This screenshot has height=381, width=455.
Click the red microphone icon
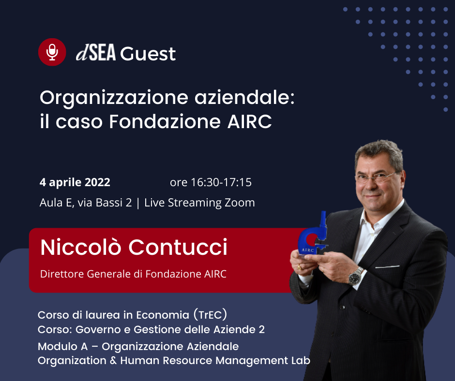point(52,52)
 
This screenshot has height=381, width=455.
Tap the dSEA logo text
point(96,53)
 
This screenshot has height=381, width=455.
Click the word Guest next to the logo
point(148,54)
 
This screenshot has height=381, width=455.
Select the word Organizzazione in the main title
point(114,98)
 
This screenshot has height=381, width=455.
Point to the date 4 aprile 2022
point(75,182)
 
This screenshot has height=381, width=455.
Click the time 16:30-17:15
point(221,182)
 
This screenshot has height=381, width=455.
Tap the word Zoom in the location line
point(240,203)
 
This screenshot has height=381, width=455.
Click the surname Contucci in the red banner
point(178,248)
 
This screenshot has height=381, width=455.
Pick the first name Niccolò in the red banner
point(81,248)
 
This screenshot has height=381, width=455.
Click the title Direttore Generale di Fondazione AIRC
point(133,274)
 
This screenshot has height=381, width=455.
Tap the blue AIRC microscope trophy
point(313,235)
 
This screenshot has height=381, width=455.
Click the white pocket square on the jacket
point(387,266)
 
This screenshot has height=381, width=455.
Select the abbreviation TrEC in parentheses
point(211,315)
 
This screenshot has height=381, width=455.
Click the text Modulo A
point(62,347)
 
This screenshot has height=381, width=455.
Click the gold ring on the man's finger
point(299,267)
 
